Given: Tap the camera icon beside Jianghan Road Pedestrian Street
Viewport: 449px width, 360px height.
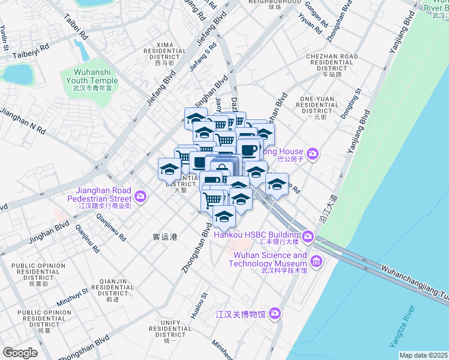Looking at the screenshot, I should coord(141,196).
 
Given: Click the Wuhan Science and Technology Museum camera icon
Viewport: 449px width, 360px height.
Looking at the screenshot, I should coord(316,261).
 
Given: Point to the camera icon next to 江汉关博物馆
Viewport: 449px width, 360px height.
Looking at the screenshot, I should coord(275,313).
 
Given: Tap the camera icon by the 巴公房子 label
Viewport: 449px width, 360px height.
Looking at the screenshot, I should coord(312,155).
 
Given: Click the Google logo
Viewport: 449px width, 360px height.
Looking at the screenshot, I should coord(20,353).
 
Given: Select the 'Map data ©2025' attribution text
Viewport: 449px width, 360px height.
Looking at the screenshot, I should coord(423,355).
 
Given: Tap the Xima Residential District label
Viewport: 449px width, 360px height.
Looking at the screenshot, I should coord(164,53).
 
